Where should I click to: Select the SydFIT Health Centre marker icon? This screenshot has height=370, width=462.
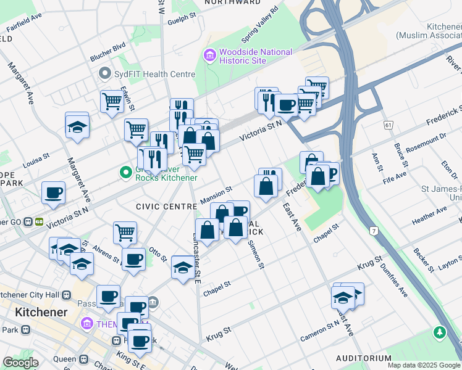pos(104,74)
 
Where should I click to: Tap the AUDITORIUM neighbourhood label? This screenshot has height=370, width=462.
pos(363,358)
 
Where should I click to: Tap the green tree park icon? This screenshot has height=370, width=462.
pos(440,333)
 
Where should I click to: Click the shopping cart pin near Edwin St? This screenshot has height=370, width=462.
pos(112,101)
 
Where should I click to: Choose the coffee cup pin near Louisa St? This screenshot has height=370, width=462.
pos(54,192)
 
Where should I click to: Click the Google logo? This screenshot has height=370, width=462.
pos(21,363)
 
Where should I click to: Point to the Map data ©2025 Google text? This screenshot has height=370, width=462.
pos(423,365)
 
